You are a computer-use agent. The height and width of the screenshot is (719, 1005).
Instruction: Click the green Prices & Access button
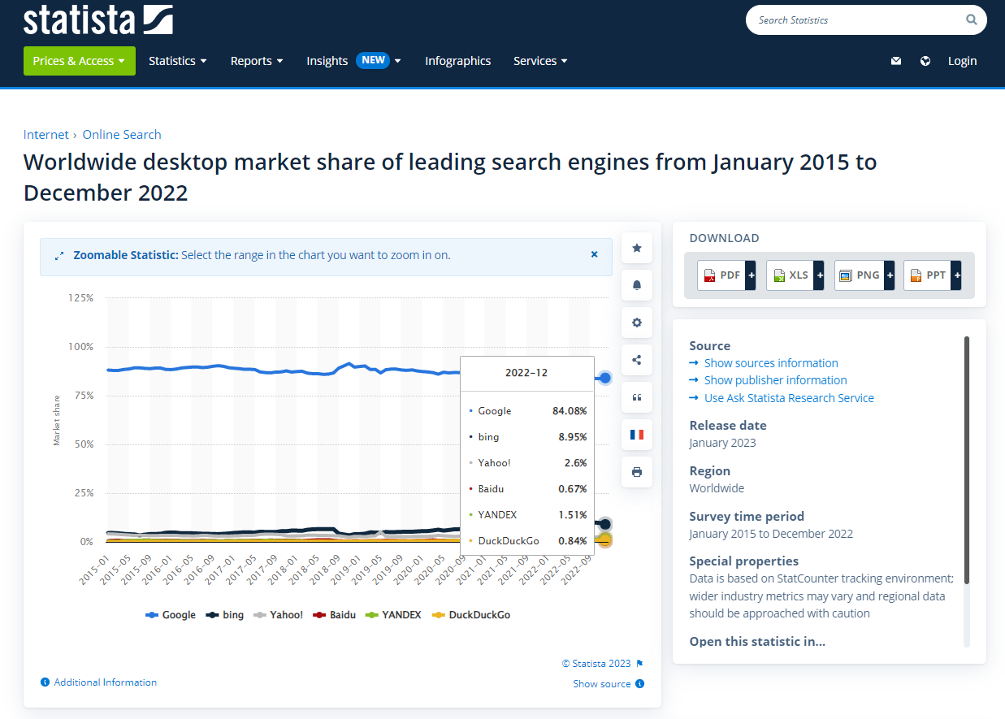click(x=79, y=61)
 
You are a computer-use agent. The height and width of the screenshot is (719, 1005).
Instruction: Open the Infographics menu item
click(x=457, y=61)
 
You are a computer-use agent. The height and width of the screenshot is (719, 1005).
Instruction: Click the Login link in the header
click(x=962, y=61)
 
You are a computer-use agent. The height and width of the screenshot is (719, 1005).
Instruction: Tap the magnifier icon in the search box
click(x=972, y=19)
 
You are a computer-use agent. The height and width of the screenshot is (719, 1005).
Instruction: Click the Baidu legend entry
click(x=335, y=615)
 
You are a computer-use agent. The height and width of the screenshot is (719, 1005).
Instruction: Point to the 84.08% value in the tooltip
click(x=570, y=411)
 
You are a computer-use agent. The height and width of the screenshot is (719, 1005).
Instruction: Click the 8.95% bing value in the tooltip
click(x=572, y=437)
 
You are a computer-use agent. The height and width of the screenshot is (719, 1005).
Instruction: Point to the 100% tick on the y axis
click(x=80, y=347)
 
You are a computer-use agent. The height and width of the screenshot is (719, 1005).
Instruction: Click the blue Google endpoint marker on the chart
click(x=604, y=378)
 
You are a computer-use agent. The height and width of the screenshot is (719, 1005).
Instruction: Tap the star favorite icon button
click(x=637, y=248)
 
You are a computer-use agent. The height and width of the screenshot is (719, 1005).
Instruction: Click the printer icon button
click(x=637, y=472)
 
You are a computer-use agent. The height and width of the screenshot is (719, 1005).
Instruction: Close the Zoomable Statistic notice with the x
click(x=594, y=254)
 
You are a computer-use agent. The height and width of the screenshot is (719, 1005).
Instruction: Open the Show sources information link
click(x=770, y=363)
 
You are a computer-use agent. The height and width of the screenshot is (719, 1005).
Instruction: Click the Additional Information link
click(x=105, y=682)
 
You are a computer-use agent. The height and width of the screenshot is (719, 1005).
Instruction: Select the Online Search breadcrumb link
click(x=122, y=135)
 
